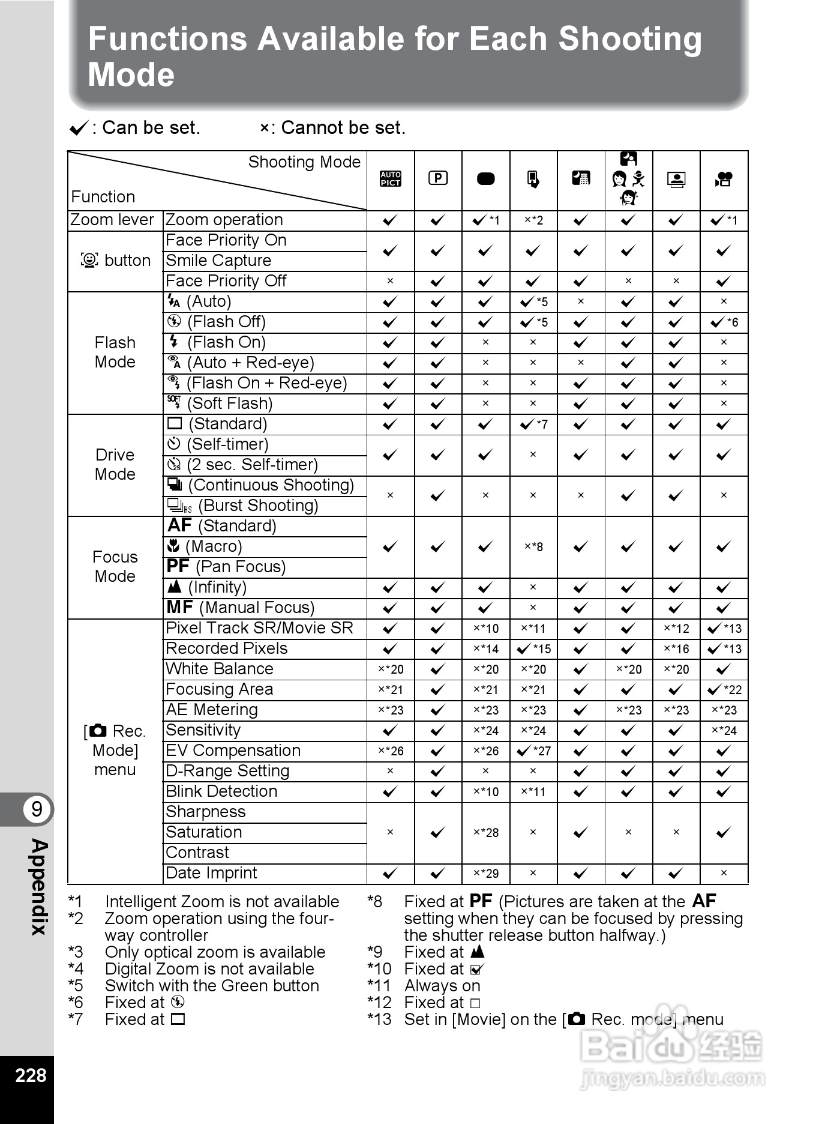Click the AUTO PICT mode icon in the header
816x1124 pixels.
click(x=390, y=179)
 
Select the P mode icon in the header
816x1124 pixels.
click(x=438, y=178)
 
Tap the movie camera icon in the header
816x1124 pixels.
click(x=724, y=179)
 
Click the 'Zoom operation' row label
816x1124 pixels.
click(x=224, y=220)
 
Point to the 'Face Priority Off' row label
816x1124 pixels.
click(x=226, y=281)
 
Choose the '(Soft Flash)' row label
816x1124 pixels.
click(x=220, y=403)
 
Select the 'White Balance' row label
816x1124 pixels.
click(x=219, y=669)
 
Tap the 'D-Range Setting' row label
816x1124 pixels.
click(x=227, y=771)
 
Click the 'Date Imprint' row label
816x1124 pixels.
click(x=211, y=873)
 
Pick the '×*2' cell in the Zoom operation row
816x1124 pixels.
click(x=533, y=220)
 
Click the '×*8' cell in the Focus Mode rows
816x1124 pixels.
click(x=533, y=547)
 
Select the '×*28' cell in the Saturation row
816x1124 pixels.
click(x=485, y=832)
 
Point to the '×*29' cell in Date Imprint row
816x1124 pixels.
click(x=485, y=874)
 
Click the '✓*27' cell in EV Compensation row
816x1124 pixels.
click(x=533, y=751)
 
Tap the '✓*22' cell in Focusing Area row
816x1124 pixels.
click(x=724, y=690)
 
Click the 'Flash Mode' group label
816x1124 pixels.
click(x=115, y=352)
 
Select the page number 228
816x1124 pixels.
click(x=31, y=1075)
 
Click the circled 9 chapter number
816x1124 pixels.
click(x=37, y=809)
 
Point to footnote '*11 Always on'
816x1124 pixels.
click(x=424, y=986)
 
